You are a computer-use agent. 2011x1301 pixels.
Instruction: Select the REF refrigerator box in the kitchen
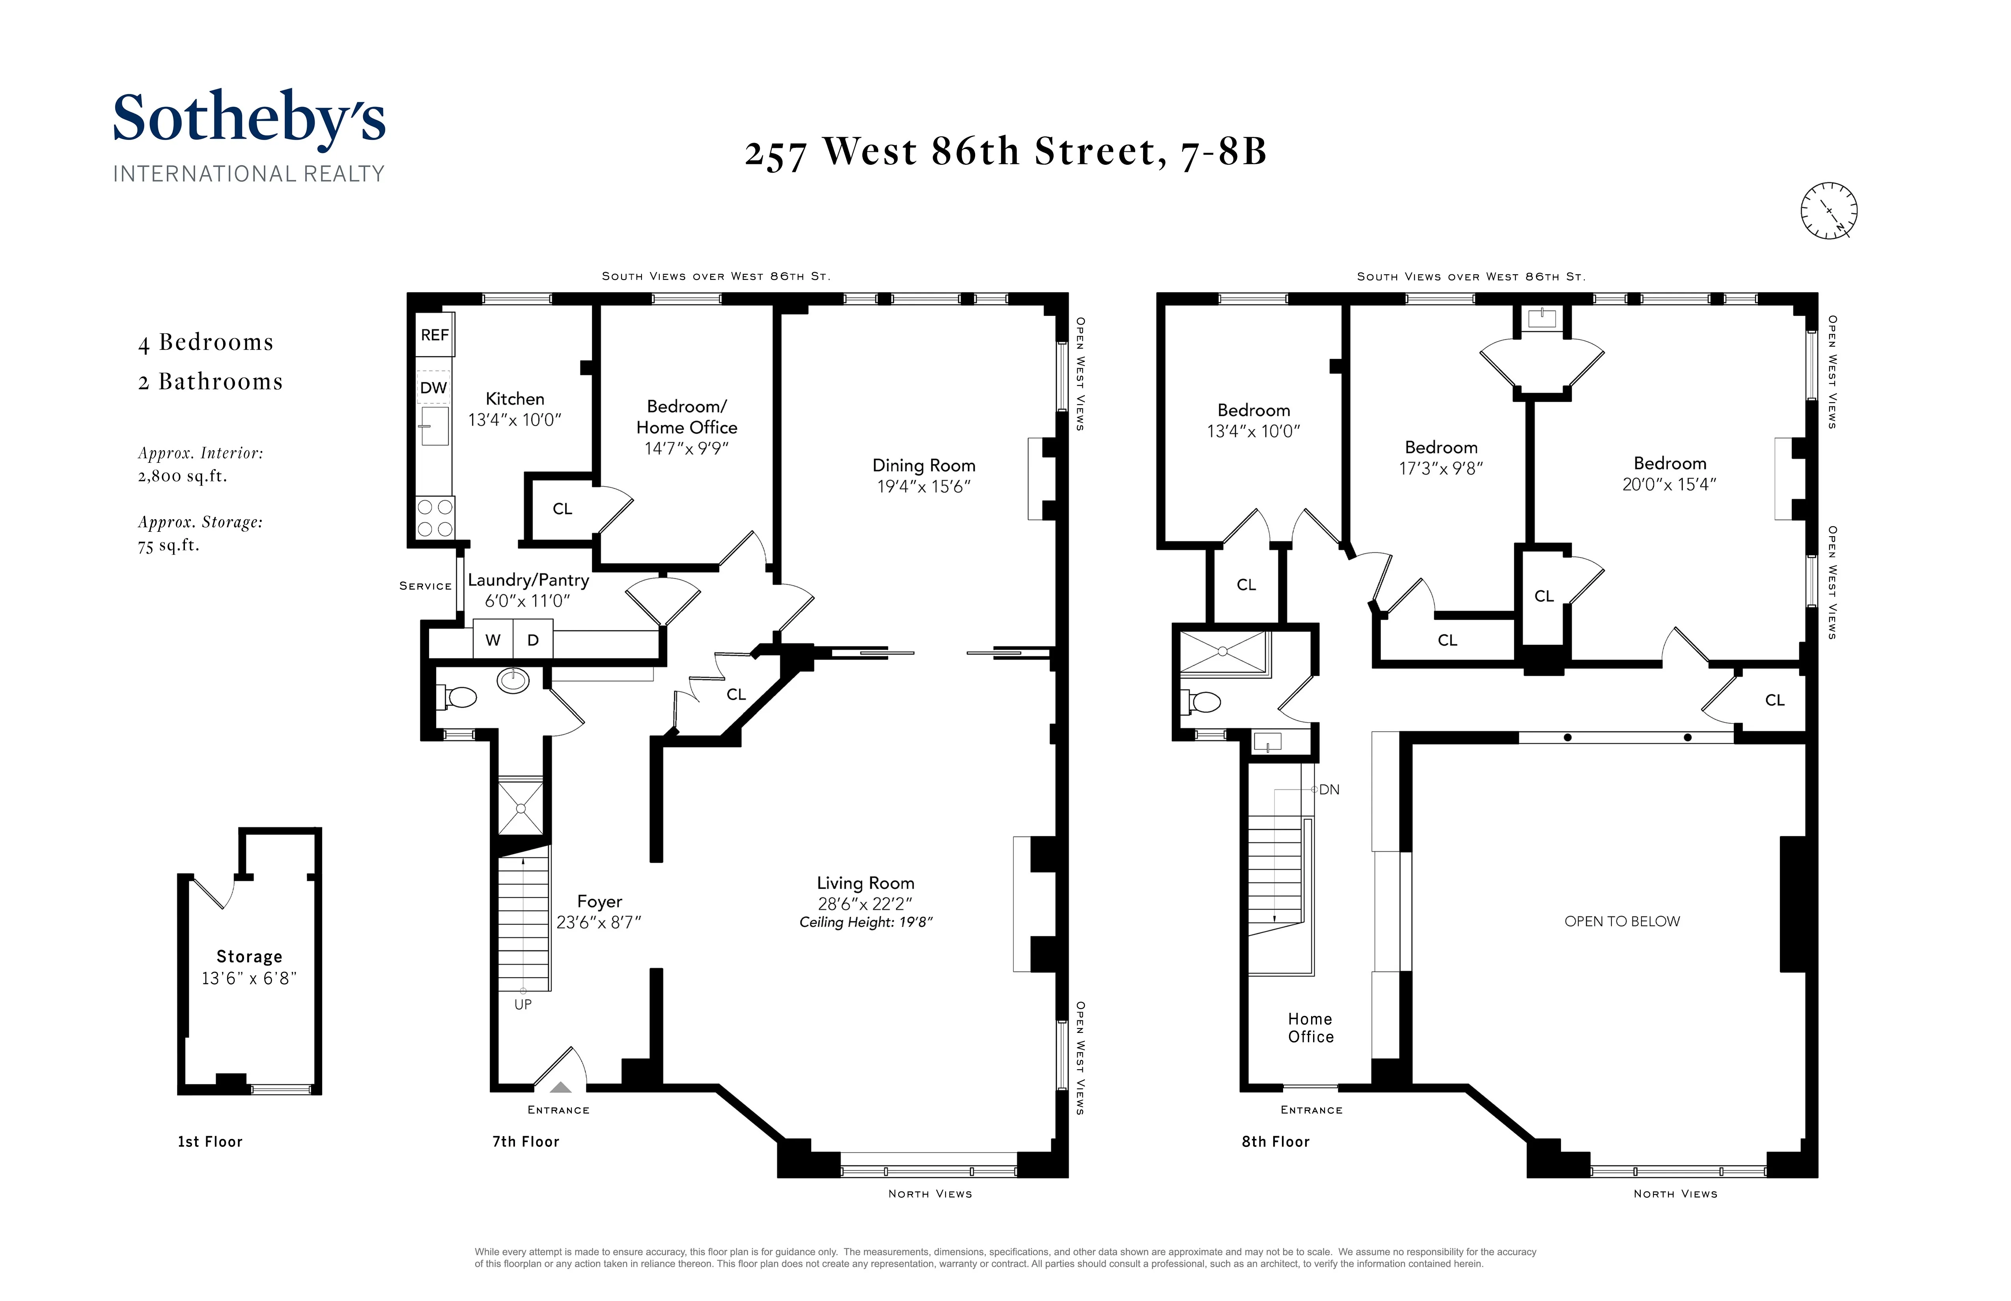[x=434, y=335]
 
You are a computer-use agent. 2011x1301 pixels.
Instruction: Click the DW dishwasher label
[x=433, y=388]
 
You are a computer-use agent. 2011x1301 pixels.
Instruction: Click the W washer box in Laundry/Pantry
[x=492, y=639]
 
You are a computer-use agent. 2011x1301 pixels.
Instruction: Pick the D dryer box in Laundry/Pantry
[x=533, y=639]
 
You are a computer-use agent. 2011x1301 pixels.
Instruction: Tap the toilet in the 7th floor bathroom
[x=458, y=697]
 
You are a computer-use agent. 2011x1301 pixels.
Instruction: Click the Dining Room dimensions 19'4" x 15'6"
[x=923, y=486]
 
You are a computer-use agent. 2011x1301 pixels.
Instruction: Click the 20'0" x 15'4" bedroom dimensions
[x=1669, y=484]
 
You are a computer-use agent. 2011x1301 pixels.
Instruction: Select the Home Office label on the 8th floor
[x=1310, y=1027]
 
